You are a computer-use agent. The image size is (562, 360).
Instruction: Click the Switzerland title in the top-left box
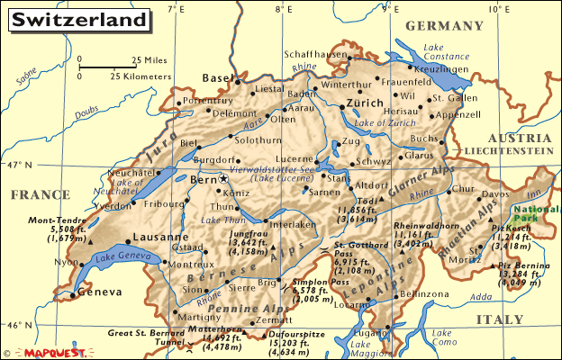point(80,19)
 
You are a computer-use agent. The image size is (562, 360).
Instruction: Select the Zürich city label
point(365,104)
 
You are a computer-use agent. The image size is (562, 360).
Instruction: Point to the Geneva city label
point(99,293)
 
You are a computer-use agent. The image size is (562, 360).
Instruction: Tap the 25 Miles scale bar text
point(150,60)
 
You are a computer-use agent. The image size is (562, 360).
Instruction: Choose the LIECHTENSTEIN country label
point(509,152)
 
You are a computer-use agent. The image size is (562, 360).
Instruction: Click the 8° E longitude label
point(286,9)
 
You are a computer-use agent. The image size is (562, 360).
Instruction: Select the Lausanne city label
point(134,238)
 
